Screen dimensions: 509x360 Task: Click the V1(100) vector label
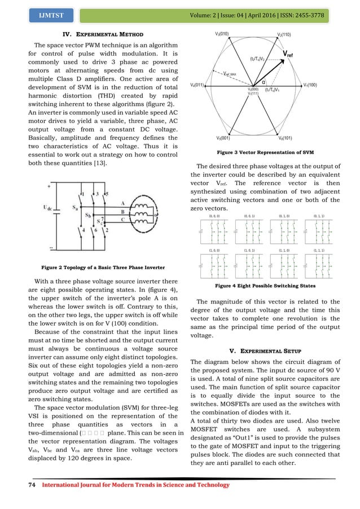(310, 85)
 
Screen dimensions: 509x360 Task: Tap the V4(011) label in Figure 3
(197, 85)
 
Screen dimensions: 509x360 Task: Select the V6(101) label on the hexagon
(285, 138)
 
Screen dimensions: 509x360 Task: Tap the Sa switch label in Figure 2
(74, 208)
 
